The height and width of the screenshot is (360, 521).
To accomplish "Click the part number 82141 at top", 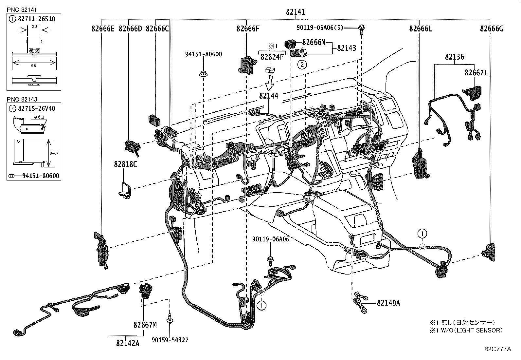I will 295,12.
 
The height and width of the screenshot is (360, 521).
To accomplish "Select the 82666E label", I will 103,29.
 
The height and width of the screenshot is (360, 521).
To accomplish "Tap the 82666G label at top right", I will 492,29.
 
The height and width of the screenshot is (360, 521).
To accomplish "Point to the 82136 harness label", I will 454,57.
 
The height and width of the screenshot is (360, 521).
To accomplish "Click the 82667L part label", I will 476,73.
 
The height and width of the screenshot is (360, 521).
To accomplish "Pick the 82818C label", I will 125,164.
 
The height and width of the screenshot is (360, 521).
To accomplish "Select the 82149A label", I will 388,303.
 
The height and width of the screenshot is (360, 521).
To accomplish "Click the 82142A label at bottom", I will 128,343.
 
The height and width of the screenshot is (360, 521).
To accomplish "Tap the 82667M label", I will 145,325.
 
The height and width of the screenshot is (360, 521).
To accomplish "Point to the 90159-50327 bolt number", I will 170,340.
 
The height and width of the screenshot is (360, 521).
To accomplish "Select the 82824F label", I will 271,57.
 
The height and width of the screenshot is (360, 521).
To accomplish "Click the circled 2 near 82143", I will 302,65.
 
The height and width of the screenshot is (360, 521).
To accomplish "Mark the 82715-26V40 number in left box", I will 36,108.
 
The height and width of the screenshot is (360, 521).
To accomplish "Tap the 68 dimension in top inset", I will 33,66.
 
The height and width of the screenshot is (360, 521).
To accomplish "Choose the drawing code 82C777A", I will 498,349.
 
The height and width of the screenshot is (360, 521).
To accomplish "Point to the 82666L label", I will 421,29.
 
